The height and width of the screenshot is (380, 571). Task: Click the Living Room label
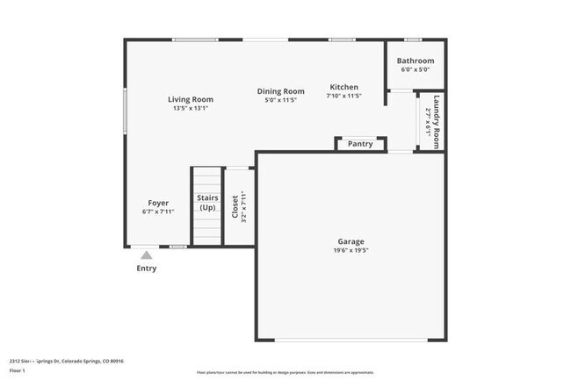pos(191,99)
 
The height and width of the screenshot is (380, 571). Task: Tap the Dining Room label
pos(280,91)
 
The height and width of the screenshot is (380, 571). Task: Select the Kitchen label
pos(343,87)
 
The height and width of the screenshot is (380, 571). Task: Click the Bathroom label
pos(416,61)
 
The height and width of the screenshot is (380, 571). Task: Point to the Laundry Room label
pos(436,121)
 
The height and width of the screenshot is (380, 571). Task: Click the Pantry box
pos(360,144)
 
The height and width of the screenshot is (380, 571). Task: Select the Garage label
pos(351,241)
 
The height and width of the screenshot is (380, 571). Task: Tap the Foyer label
pos(158,203)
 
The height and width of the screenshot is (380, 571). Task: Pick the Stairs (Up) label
pos(207,203)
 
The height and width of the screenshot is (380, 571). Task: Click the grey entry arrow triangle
pos(146,255)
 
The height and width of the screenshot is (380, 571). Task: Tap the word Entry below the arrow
pos(146,269)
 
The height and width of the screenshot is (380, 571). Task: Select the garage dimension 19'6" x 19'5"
pos(351,250)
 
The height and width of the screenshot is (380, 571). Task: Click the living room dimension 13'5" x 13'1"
pos(191,109)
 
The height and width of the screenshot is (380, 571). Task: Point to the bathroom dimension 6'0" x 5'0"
pos(416,69)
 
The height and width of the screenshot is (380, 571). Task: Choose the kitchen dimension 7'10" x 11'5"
pos(343,96)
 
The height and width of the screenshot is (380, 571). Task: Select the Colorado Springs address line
pos(67,360)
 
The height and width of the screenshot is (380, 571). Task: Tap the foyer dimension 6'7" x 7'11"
pos(158,212)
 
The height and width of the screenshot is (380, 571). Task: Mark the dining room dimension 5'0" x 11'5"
pos(280,100)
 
